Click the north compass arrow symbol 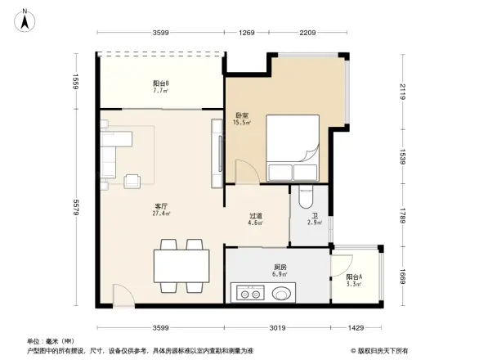coord(25,18)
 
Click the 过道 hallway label coord(256,218)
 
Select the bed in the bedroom coord(293,147)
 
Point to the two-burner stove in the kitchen coord(246,292)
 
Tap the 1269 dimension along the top coord(246,33)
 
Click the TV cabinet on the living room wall coord(217,153)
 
